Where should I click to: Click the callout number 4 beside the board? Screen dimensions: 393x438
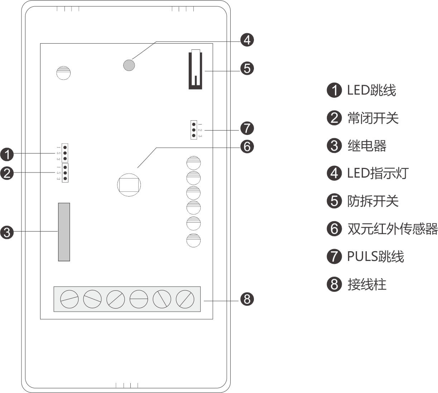pyautogui.click(x=247, y=40)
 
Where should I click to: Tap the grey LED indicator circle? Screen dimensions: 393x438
pyautogui.click(x=129, y=65)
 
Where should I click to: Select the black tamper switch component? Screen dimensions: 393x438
pyautogui.click(x=195, y=70)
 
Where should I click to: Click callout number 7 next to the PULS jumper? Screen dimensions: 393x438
pyautogui.click(x=247, y=128)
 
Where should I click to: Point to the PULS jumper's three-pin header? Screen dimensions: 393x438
pyautogui.click(x=194, y=130)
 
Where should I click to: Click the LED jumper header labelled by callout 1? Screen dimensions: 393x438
pyautogui.click(x=65, y=153)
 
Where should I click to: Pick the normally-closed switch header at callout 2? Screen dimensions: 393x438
pyautogui.click(x=65, y=173)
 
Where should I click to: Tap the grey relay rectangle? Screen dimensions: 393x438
pyautogui.click(x=64, y=232)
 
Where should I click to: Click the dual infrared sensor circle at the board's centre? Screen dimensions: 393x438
pyautogui.click(x=129, y=185)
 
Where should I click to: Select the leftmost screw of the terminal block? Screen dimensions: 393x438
pyautogui.click(x=69, y=299)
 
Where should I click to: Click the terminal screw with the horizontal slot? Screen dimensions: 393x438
pyautogui.click(x=139, y=299)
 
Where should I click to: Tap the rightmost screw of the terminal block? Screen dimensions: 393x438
pyautogui.click(x=185, y=299)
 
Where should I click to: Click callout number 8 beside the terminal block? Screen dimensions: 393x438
pyautogui.click(x=247, y=299)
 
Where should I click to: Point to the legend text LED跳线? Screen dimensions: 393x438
pyautogui.click(x=371, y=90)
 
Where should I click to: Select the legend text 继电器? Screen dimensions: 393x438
pyautogui.click(x=367, y=146)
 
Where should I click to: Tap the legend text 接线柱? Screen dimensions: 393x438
pyautogui.click(x=367, y=285)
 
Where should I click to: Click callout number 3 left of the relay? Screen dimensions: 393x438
pyautogui.click(x=7, y=232)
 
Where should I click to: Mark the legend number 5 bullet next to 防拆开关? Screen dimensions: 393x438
pyautogui.click(x=334, y=201)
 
